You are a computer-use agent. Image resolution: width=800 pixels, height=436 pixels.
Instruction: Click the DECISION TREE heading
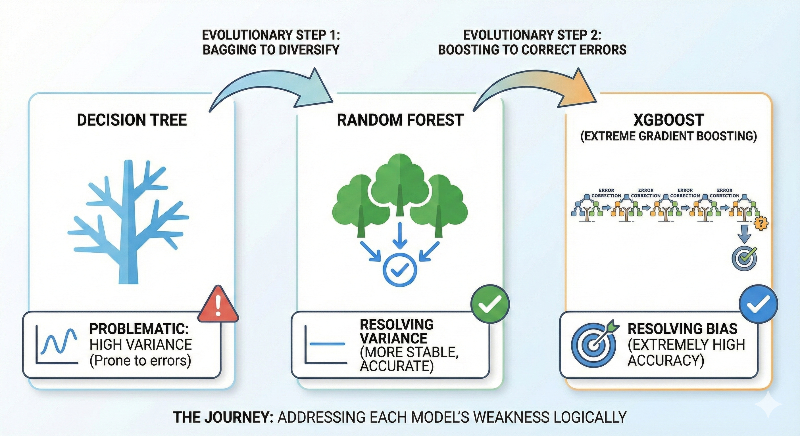pos(132,120)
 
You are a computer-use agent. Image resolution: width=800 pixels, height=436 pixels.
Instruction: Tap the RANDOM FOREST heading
pos(400,120)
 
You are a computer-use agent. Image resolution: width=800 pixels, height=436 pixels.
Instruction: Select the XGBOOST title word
pos(668,120)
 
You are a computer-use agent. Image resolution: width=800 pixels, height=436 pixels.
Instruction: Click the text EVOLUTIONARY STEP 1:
pos(271,35)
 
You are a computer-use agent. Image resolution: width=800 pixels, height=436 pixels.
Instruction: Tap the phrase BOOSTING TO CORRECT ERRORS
pos(532,50)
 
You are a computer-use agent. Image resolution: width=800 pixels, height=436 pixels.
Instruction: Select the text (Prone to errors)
pos(140,360)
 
